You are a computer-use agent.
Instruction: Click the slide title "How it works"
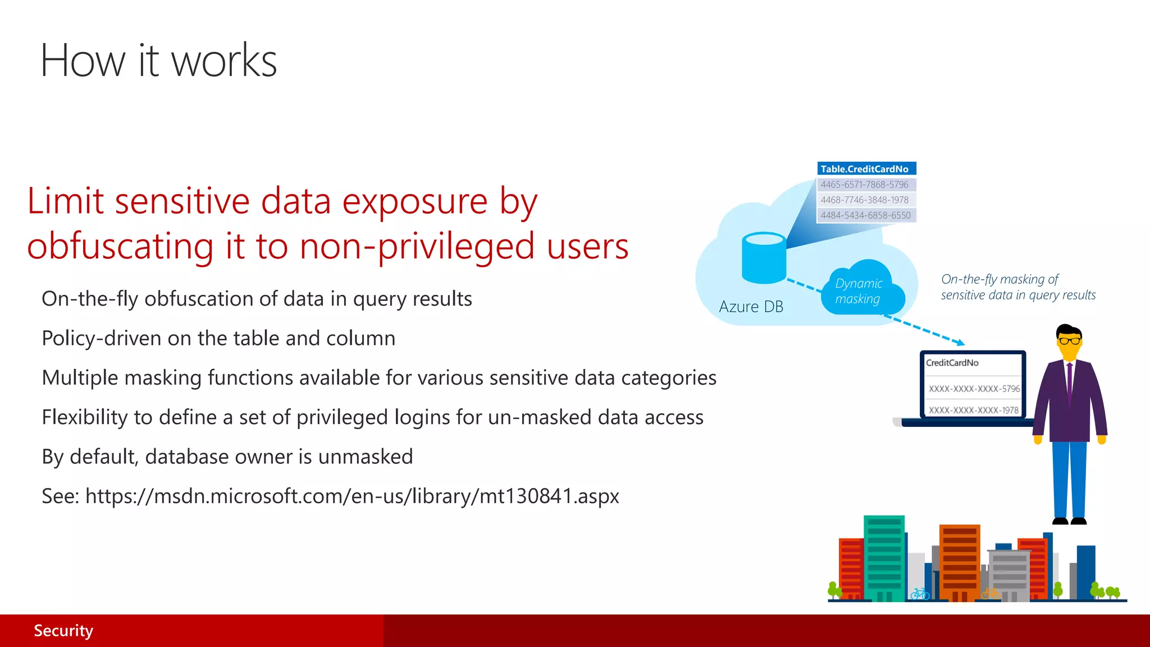158,61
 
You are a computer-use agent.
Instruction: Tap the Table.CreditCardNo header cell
865,168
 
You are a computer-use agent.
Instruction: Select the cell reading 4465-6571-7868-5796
865,184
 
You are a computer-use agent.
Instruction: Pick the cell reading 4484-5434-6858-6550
865,215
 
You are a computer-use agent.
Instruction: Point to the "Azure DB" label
751,307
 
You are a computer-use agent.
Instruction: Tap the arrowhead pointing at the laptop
961,342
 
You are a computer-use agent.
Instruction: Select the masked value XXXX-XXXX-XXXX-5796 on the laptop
974,389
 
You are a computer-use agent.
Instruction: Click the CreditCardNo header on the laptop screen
952,363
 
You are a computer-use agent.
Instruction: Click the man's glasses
1069,340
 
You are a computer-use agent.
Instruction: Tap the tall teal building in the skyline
884,556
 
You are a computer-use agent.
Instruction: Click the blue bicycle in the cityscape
920,594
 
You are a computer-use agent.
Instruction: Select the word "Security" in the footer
63,631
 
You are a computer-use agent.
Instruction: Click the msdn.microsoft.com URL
352,496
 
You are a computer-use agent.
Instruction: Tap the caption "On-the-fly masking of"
1000,279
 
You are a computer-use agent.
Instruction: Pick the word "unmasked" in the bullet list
365,457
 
